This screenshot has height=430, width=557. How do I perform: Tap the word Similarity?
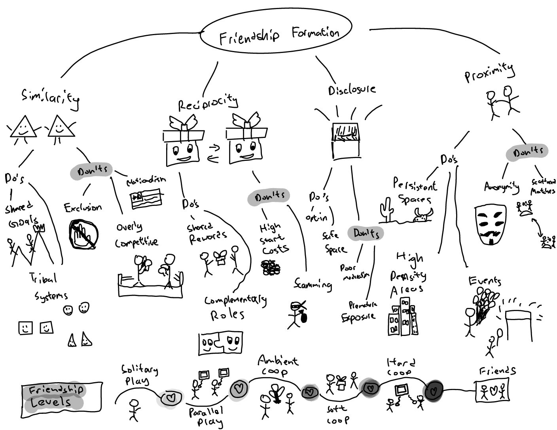pyautogui.click(x=50, y=98)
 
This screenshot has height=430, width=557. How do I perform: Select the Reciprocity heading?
pyautogui.click(x=208, y=104)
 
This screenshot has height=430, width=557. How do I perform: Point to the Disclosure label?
pyautogui.click(x=352, y=90)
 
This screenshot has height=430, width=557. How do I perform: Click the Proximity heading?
pyautogui.click(x=489, y=73)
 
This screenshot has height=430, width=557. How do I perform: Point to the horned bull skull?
pyautogui.click(x=422, y=215)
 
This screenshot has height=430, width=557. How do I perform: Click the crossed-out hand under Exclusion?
pyautogui.click(x=83, y=234)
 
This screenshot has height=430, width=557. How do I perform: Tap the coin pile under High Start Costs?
pyautogui.click(x=271, y=268)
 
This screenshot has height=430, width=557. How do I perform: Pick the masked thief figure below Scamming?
pyautogui.click(x=297, y=314)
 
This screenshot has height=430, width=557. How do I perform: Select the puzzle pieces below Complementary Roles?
pyautogui.click(x=220, y=343)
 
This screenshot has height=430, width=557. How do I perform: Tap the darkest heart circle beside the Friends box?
pyautogui.click(x=434, y=390)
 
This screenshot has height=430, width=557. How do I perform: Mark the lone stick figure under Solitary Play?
pyautogui.click(x=134, y=409)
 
